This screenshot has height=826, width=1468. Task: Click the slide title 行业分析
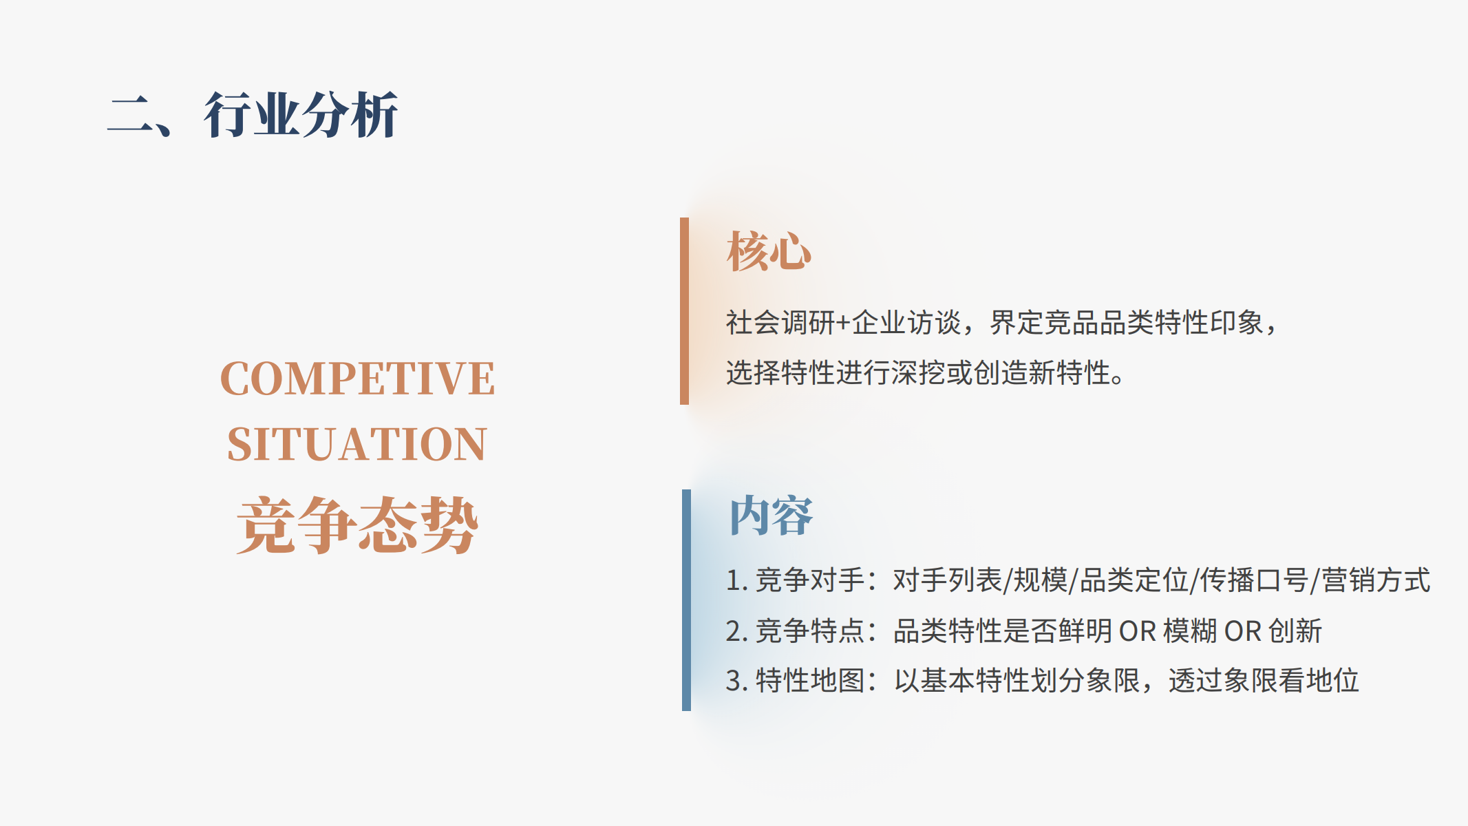pos(301,115)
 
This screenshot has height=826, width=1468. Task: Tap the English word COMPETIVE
pos(357,379)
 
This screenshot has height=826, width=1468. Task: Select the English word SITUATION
pos(357,444)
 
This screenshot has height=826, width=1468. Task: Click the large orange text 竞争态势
pos(357,525)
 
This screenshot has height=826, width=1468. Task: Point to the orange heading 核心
pos(769,251)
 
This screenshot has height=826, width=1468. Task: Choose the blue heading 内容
pos(771,516)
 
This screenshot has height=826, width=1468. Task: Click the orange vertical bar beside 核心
pos(684,311)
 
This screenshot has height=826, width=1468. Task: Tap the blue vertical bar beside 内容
pos(686,600)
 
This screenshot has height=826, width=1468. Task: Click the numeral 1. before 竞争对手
pos(737,580)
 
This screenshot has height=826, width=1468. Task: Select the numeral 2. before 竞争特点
pos(737,631)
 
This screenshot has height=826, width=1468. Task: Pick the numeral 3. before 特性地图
pos(737,681)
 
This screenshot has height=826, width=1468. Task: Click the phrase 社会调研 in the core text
pos(781,322)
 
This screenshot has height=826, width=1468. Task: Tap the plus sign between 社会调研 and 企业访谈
pos(844,323)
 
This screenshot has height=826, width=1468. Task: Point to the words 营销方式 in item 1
pos(1376,580)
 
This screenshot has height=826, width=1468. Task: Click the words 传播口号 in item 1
pos(1254,580)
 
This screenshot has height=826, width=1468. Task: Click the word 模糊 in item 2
pos(1190,631)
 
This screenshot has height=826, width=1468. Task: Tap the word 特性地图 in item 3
pos(810,681)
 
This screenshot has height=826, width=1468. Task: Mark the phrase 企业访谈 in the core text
pos(906,322)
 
